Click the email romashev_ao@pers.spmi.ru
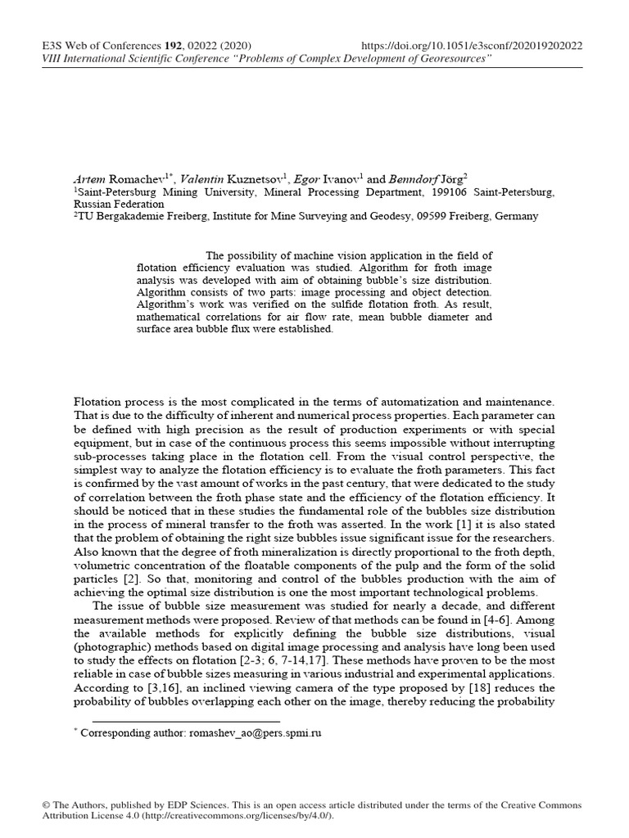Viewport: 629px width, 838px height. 256,733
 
